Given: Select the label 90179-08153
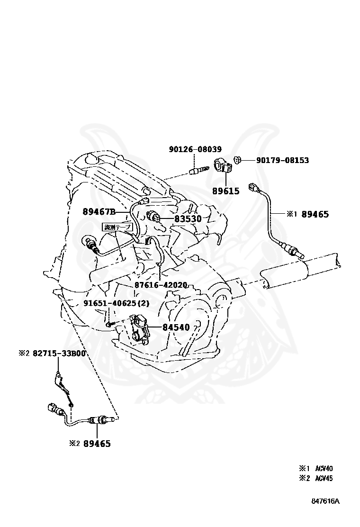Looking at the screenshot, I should (282, 161).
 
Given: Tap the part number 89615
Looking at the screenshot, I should (225, 191).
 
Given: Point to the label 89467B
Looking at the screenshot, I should (99, 211).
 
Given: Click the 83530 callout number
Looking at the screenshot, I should (188, 219).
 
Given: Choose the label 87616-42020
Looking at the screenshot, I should (161, 285).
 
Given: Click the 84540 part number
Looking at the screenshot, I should (176, 327).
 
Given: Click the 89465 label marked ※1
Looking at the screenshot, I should (315, 214).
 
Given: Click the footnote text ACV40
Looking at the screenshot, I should (324, 469).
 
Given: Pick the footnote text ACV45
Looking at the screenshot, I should (324, 478).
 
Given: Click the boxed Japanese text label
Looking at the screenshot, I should (117, 227).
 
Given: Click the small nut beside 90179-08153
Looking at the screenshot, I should (239, 160).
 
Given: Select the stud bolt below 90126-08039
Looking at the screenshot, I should (199, 168).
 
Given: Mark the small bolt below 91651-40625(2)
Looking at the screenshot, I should (110, 324).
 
